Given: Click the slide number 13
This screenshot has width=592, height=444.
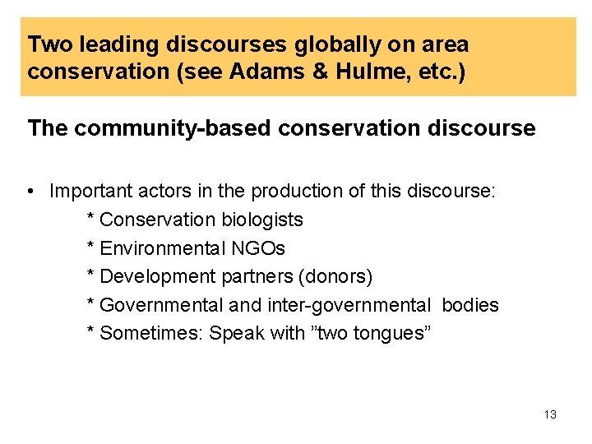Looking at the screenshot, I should [x=550, y=414].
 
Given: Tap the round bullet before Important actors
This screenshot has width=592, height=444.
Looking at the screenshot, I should [x=30, y=192].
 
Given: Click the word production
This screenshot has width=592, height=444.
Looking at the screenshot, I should [x=294, y=192].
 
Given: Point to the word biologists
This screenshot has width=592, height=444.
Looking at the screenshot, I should [x=262, y=220].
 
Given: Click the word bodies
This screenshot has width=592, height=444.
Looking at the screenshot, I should [x=470, y=305].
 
